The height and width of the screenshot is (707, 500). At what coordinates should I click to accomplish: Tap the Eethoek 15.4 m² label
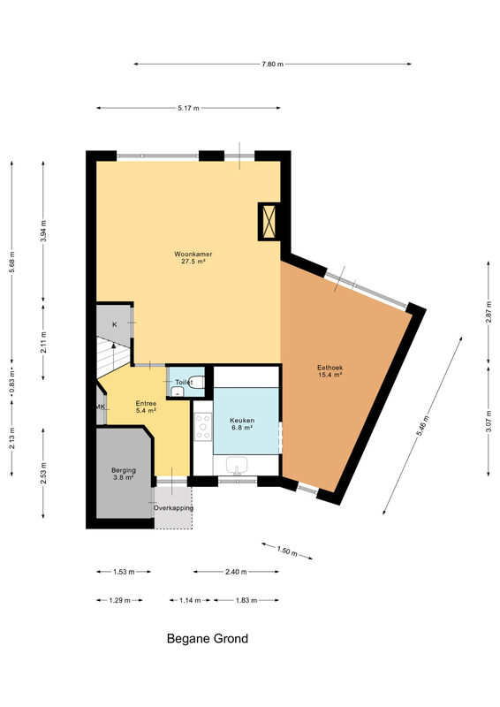330,371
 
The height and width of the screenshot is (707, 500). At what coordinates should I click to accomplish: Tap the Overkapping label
173,507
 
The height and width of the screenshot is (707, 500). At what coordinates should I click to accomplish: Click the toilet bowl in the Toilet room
197,382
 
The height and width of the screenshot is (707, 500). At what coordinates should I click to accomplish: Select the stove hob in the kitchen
202,426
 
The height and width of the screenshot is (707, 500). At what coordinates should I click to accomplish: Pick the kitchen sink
237,465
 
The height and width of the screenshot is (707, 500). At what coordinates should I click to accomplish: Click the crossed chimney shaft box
269,222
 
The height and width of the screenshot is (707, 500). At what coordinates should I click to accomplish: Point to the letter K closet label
115,324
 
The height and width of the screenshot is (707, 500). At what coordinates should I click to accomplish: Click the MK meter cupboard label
101,407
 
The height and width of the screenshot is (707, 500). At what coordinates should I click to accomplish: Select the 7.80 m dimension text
273,64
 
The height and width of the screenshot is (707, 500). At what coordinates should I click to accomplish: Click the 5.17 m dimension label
188,108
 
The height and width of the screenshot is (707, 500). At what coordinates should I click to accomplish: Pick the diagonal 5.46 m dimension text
422,425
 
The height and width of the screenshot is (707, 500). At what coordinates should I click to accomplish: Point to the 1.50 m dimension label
287,551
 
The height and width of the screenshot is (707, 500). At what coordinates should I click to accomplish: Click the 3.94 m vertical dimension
43,231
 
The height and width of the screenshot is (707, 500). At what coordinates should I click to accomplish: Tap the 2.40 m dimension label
236,572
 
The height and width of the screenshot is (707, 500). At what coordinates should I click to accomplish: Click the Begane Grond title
208,638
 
